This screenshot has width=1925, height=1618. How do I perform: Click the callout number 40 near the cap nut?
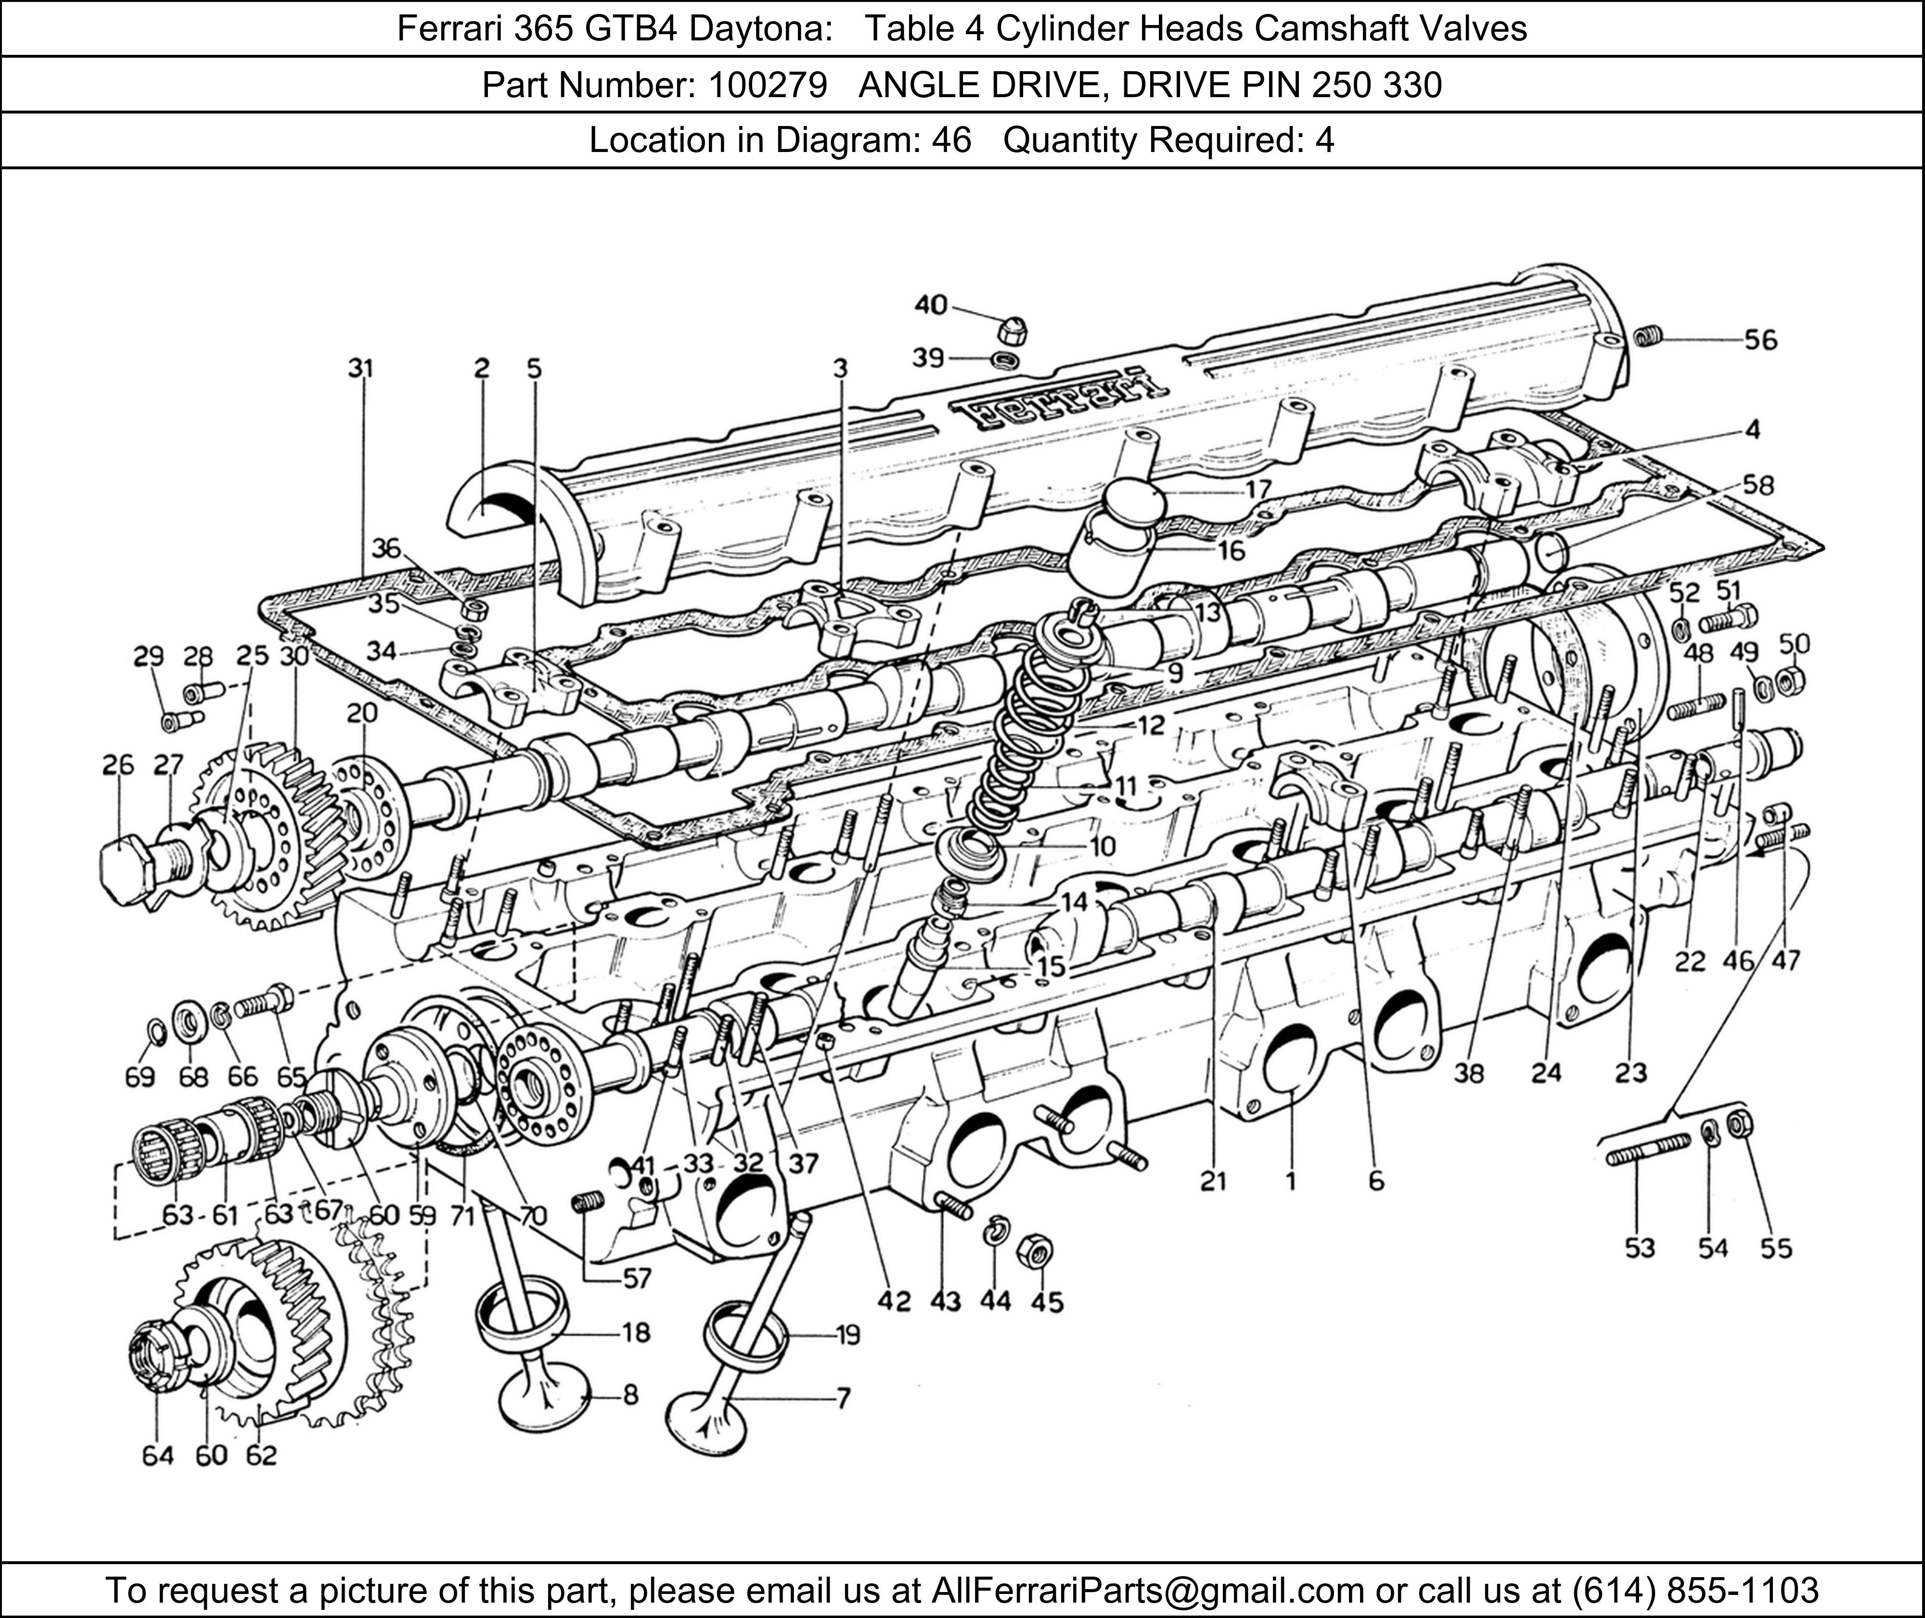(x=930, y=304)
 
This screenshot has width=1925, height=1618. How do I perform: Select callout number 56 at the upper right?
(x=1760, y=341)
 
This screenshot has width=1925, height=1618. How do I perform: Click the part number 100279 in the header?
(x=767, y=85)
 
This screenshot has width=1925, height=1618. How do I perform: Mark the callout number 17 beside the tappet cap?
(x=1258, y=489)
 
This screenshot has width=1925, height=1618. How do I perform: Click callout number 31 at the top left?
(x=360, y=369)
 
